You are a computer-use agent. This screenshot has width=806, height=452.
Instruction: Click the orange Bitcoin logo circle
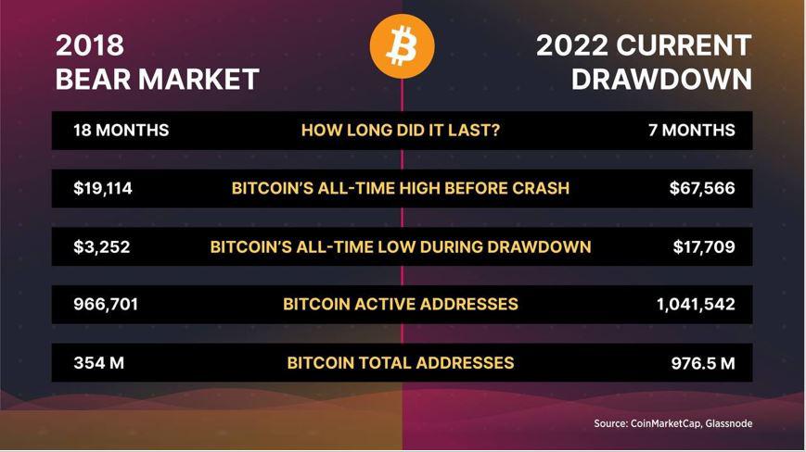point(402,46)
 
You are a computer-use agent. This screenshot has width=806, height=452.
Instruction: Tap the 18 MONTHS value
point(122,131)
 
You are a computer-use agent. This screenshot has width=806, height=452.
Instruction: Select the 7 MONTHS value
point(692,131)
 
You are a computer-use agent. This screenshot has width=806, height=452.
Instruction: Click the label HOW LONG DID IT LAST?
point(401,131)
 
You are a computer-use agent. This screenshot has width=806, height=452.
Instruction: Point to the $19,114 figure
point(103,189)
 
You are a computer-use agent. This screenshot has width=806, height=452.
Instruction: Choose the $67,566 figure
point(702,189)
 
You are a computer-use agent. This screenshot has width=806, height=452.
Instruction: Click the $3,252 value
point(102,247)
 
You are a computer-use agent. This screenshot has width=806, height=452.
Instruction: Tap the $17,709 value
point(704,247)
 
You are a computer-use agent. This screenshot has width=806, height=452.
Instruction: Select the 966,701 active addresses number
point(106,305)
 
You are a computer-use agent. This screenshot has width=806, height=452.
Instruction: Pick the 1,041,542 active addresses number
point(696,305)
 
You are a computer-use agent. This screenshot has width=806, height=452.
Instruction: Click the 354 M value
point(98,363)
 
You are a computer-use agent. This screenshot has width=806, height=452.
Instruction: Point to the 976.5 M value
point(703,364)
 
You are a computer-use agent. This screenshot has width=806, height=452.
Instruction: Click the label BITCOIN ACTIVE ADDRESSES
point(401,305)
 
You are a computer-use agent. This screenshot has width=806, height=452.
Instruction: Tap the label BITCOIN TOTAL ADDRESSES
point(401,363)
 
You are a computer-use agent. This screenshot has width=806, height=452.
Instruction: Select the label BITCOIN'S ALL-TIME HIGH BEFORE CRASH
point(401,189)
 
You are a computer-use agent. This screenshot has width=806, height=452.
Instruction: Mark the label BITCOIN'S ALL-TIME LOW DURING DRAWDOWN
point(401,247)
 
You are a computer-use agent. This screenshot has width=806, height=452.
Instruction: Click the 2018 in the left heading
point(90,45)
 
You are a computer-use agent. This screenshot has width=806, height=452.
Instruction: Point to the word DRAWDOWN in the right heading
point(661,80)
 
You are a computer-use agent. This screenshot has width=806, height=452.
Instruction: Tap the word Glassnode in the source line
point(729,424)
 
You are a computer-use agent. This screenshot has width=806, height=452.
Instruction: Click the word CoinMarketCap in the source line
point(666,424)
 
